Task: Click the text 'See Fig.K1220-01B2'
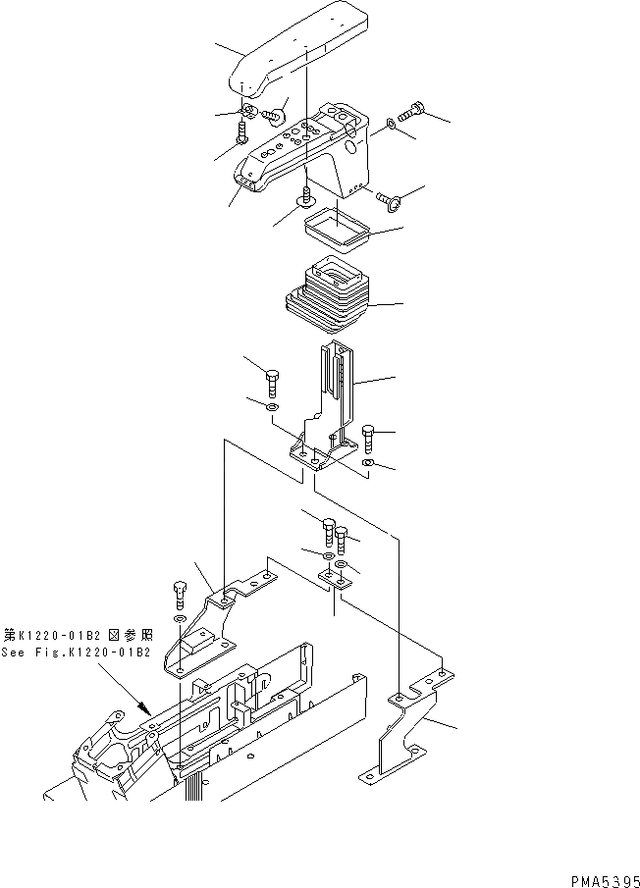coord(76,653)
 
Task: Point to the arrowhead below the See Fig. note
coord(143,705)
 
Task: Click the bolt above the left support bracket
coord(179,595)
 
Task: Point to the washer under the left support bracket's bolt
coord(179,621)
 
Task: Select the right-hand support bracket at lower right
coord(402,736)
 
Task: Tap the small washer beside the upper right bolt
coord(392,124)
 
